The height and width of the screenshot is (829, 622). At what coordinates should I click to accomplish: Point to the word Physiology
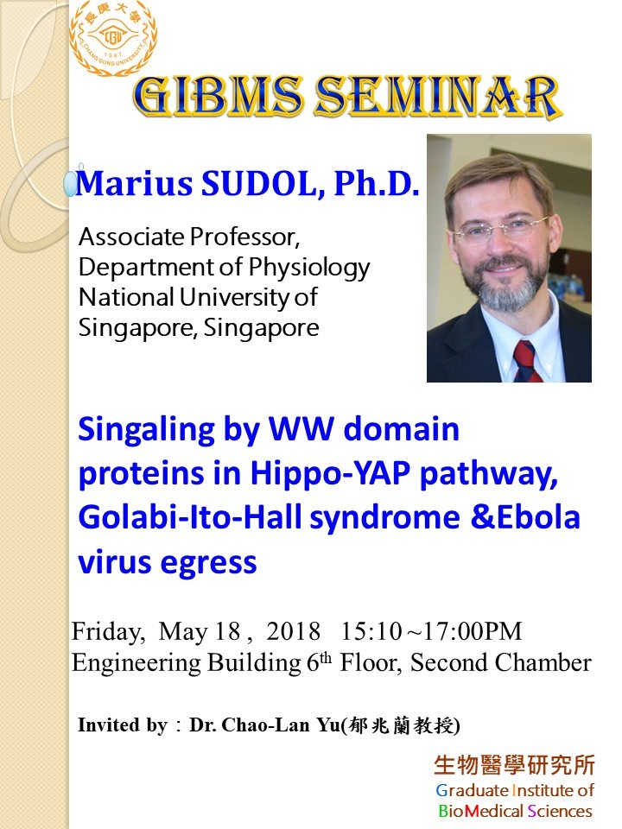pos(309,269)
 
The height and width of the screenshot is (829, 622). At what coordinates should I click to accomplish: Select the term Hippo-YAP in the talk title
pos(330,474)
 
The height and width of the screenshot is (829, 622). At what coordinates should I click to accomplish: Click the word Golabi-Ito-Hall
pos(190,517)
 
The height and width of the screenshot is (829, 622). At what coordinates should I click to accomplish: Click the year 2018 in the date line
pos(293,631)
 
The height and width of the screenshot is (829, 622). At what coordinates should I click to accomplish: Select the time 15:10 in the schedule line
pos(371,631)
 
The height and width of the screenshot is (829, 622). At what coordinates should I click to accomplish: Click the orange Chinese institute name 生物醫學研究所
pos(514,765)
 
